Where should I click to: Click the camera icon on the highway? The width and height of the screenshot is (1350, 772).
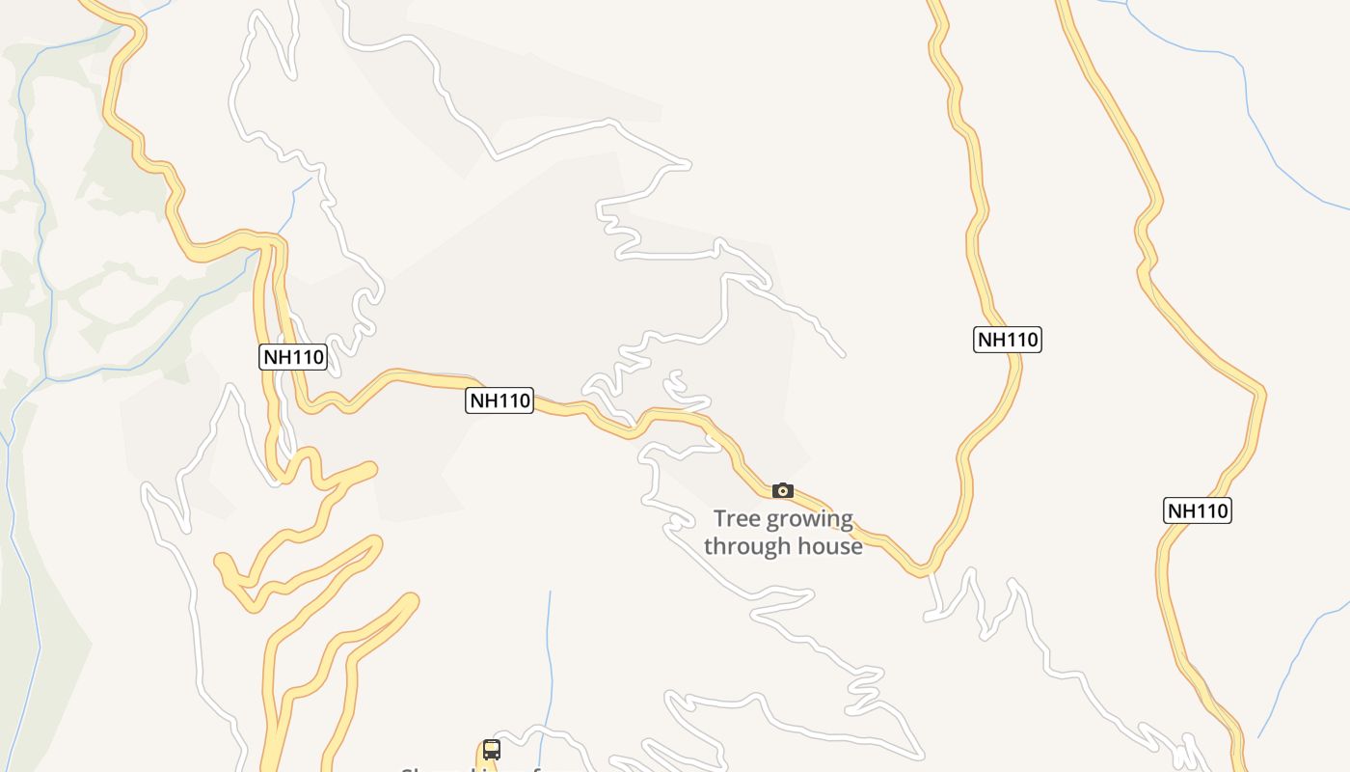[x=783, y=491]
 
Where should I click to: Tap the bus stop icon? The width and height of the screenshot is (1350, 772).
[x=492, y=750]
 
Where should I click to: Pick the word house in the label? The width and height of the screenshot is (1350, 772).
[x=829, y=546]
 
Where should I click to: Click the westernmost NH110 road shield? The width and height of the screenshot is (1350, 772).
[x=294, y=357]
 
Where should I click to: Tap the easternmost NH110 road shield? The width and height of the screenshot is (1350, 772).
[x=1198, y=510]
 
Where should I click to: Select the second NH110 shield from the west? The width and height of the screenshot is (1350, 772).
[x=499, y=400]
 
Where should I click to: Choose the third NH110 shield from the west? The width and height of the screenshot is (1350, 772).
[x=1008, y=340]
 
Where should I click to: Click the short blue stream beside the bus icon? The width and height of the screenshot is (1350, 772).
[x=551, y=656]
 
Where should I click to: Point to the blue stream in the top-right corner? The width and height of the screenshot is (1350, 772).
[x=1244, y=96]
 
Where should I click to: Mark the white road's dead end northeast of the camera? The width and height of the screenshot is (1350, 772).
[x=844, y=356]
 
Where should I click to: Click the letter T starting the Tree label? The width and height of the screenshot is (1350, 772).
[x=719, y=520]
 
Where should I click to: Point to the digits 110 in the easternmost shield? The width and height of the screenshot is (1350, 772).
[x=1210, y=510]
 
